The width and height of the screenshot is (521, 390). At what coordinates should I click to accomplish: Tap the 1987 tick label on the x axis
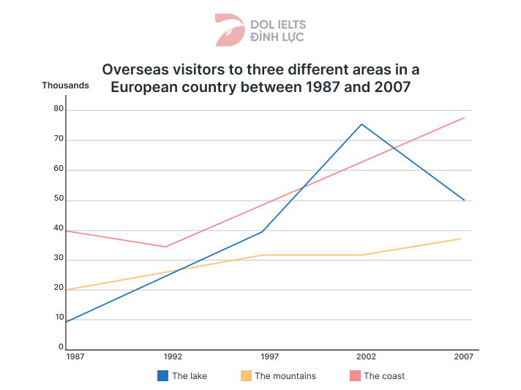point(73,357)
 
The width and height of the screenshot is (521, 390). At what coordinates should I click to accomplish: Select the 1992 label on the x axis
point(173,357)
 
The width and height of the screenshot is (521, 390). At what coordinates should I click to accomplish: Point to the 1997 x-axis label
point(270,357)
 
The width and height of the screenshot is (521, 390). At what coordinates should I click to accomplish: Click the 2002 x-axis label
point(367,357)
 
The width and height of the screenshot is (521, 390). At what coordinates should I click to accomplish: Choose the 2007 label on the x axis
point(464,357)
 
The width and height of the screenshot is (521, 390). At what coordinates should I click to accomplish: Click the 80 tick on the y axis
point(59,110)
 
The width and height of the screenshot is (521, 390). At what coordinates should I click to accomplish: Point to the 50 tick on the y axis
point(59,199)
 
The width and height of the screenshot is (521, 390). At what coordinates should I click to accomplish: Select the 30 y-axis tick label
point(59,259)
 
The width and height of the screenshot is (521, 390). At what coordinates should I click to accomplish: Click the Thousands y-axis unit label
point(65,85)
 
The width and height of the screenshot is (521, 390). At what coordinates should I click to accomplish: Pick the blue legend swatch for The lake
point(163,376)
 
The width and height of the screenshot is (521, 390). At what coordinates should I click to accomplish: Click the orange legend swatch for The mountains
point(246,376)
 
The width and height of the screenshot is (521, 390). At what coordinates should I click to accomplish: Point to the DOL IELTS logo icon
point(230,30)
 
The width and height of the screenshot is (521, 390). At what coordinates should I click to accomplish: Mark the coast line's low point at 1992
point(166,247)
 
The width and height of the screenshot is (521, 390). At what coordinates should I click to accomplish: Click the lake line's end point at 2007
point(464,200)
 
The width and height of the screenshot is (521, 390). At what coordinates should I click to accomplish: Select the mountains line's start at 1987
point(66,290)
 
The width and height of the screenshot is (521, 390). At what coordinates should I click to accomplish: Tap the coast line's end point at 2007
point(464,118)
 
